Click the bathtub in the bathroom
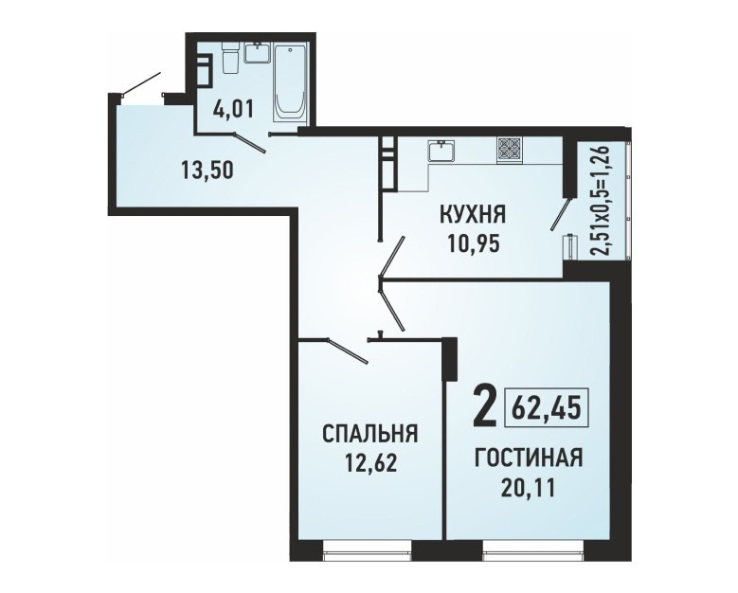pyautogui.click(x=290, y=85)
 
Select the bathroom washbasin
pyautogui.click(x=257, y=52)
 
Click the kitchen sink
pyautogui.click(x=441, y=151)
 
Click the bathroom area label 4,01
pyautogui.click(x=233, y=110)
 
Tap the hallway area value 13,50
pyautogui.click(x=207, y=169)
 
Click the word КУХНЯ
pyautogui.click(x=472, y=216)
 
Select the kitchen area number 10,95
pyautogui.click(x=473, y=243)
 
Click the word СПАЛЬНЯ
pyautogui.click(x=369, y=434)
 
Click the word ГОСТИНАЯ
pyautogui.click(x=529, y=458)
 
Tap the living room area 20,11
pyautogui.click(x=528, y=488)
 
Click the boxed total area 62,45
pyautogui.click(x=547, y=407)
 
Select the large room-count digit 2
pyautogui.click(x=485, y=405)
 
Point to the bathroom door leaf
pyautogui.click(x=250, y=144)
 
